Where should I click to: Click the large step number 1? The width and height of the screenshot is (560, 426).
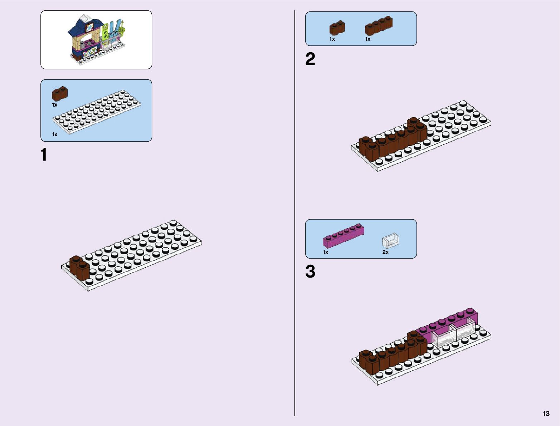pyautogui.click(x=44, y=155)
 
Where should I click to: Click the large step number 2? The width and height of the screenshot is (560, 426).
pyautogui.click(x=310, y=59)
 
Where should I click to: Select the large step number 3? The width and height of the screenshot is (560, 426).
pyautogui.click(x=310, y=271)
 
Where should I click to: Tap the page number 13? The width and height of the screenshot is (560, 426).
pyautogui.click(x=546, y=414)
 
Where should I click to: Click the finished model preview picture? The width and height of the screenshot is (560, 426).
pyautogui.click(x=96, y=39)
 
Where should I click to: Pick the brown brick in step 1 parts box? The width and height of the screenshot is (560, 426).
pyautogui.click(x=60, y=94)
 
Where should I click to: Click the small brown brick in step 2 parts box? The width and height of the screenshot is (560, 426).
pyautogui.click(x=337, y=28)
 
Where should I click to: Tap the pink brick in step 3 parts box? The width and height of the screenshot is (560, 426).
pyautogui.click(x=343, y=236)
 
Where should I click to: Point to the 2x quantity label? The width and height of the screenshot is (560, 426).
pyautogui.click(x=385, y=252)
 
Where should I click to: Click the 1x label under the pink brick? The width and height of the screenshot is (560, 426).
pyautogui.click(x=326, y=252)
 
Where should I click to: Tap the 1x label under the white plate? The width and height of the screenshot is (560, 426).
pyautogui.click(x=55, y=135)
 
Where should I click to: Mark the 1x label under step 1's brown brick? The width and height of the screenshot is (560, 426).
pyautogui.click(x=55, y=105)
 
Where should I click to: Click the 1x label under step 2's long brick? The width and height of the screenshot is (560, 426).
pyautogui.click(x=368, y=39)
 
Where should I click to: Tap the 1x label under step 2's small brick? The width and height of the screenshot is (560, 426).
pyautogui.click(x=332, y=39)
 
